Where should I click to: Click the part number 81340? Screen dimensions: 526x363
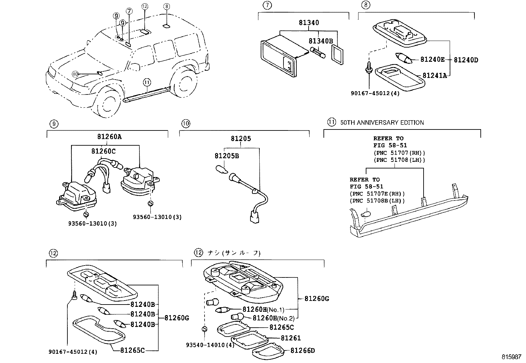pyautogui.click(x=309, y=23)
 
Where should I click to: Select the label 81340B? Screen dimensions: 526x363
pyautogui.click(x=321, y=41)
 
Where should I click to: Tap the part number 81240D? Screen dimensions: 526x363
pyautogui.click(x=466, y=60)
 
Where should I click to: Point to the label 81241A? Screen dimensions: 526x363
pyautogui.click(x=435, y=75)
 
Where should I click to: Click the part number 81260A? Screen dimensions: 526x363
pyautogui.click(x=109, y=137)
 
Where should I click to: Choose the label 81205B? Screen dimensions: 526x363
pyautogui.click(x=227, y=156)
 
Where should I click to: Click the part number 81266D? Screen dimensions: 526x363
pyautogui.click(x=303, y=350)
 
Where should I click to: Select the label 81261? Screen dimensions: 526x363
pyautogui.click(x=291, y=338)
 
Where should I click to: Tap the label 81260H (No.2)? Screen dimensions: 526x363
pyautogui.click(x=274, y=318)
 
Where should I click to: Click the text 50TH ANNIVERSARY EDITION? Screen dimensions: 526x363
pyautogui.click(x=382, y=123)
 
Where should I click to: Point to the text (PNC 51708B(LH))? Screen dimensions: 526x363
pyautogui.click(x=377, y=201)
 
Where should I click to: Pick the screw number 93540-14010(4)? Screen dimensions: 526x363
pyautogui.click(x=210, y=345)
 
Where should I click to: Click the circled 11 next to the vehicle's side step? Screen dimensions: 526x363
pyautogui.click(x=147, y=83)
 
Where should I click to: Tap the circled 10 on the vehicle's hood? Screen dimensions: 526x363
pyautogui.click(x=75, y=74)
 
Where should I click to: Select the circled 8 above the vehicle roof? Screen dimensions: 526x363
pyautogui.click(x=167, y=6)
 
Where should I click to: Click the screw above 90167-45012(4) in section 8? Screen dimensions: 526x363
pyautogui.click(x=369, y=67)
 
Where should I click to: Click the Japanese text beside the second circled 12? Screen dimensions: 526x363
pyautogui.click(x=234, y=253)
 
